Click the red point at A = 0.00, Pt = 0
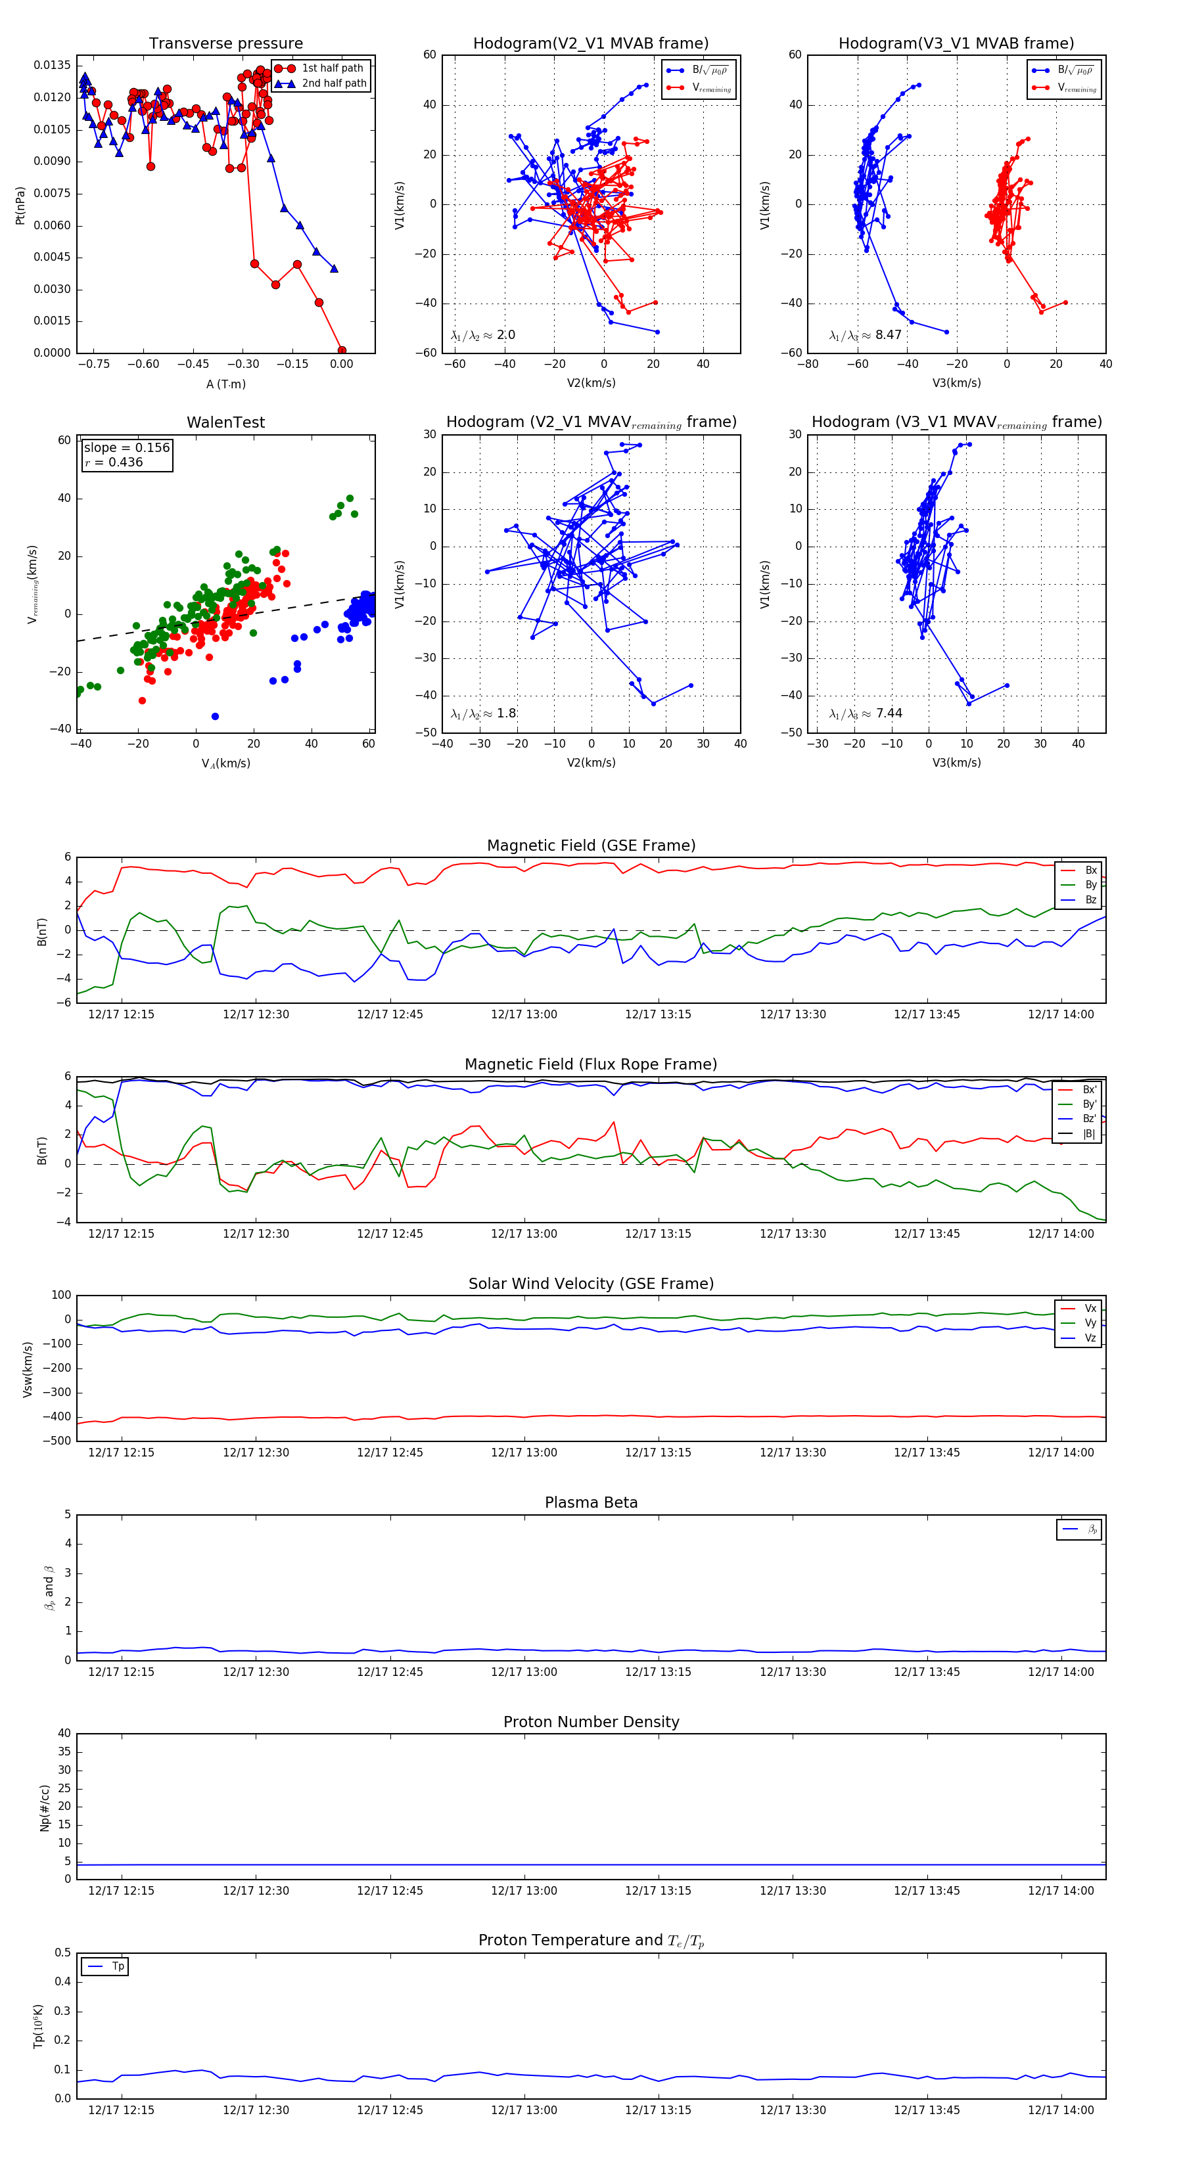pos(341,350)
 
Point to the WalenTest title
pos(225,422)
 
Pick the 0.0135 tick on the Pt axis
pos(52,66)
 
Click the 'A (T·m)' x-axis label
pos(225,384)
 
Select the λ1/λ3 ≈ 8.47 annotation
pos(866,335)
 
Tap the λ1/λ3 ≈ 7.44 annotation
pos(866,713)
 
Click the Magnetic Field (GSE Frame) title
pos(591,846)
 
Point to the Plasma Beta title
pos(591,1503)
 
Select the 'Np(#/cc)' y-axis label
pos(45,1808)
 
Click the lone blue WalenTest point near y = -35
pos(215,716)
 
